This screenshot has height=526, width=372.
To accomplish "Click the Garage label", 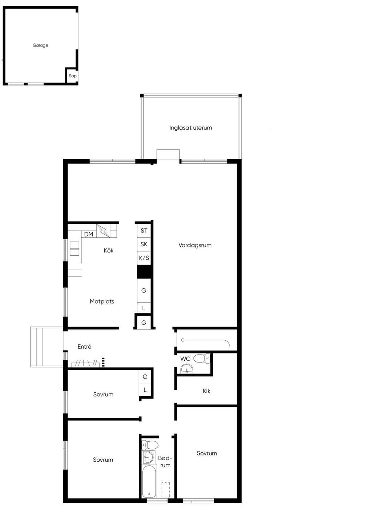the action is [x=40, y=45].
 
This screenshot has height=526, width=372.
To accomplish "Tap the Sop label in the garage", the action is [x=73, y=76].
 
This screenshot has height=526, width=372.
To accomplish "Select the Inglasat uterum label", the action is [x=191, y=128].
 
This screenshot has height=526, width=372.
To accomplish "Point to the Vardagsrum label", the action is [x=195, y=245].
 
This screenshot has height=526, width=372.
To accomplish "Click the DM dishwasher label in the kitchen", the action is [x=89, y=234].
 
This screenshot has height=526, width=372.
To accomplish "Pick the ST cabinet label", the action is [x=144, y=231].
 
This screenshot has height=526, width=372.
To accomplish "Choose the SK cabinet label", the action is [x=144, y=244].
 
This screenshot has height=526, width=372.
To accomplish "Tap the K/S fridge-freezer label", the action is [x=144, y=258].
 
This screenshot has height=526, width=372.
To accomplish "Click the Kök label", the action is [x=109, y=250].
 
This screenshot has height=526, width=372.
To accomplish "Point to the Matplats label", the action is [x=102, y=301].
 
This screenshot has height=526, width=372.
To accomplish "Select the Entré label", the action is [x=84, y=346].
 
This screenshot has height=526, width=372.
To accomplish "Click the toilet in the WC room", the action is [x=202, y=359].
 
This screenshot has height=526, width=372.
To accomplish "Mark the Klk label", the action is [x=206, y=391].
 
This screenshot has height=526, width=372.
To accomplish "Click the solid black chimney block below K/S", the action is [x=144, y=272].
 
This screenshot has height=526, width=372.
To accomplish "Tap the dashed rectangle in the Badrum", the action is [x=166, y=490].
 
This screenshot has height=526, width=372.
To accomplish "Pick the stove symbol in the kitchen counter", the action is [x=74, y=248].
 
